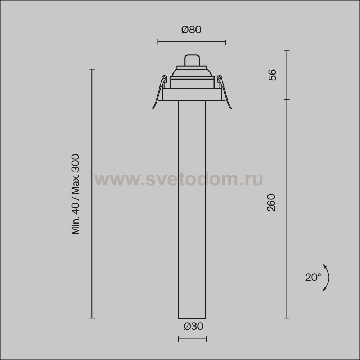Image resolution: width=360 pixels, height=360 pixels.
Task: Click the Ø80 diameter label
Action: tap(191, 30)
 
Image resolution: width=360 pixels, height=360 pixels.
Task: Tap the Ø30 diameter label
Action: tap(193, 326)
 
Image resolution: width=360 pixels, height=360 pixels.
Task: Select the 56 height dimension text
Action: tap(272, 75)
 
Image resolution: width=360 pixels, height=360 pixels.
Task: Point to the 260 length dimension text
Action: tap(271, 202)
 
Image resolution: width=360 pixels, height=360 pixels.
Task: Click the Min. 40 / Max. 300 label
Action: tap(76, 194)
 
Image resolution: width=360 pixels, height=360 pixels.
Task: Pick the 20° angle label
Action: tap(313, 277)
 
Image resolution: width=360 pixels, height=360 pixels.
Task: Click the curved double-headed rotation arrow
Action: tap(329, 278)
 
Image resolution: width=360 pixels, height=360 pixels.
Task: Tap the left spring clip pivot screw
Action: tap(164, 78)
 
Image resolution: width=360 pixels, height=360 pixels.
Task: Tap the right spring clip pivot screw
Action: tap(219, 78)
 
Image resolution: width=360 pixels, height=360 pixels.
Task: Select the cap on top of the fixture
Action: tap(192, 60)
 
